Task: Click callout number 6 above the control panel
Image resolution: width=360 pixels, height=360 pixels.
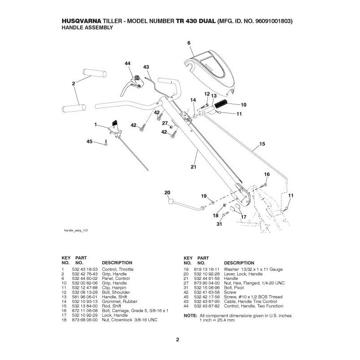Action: coord(189,43)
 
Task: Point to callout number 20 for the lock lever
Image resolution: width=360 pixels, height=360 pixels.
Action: coord(167,193)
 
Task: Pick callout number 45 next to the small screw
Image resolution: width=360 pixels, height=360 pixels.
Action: coord(89,142)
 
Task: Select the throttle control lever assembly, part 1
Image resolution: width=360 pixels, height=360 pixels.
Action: coord(114,126)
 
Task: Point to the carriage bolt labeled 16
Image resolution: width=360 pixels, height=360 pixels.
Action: coord(264,184)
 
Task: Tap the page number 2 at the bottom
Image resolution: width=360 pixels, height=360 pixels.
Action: coord(178,339)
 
